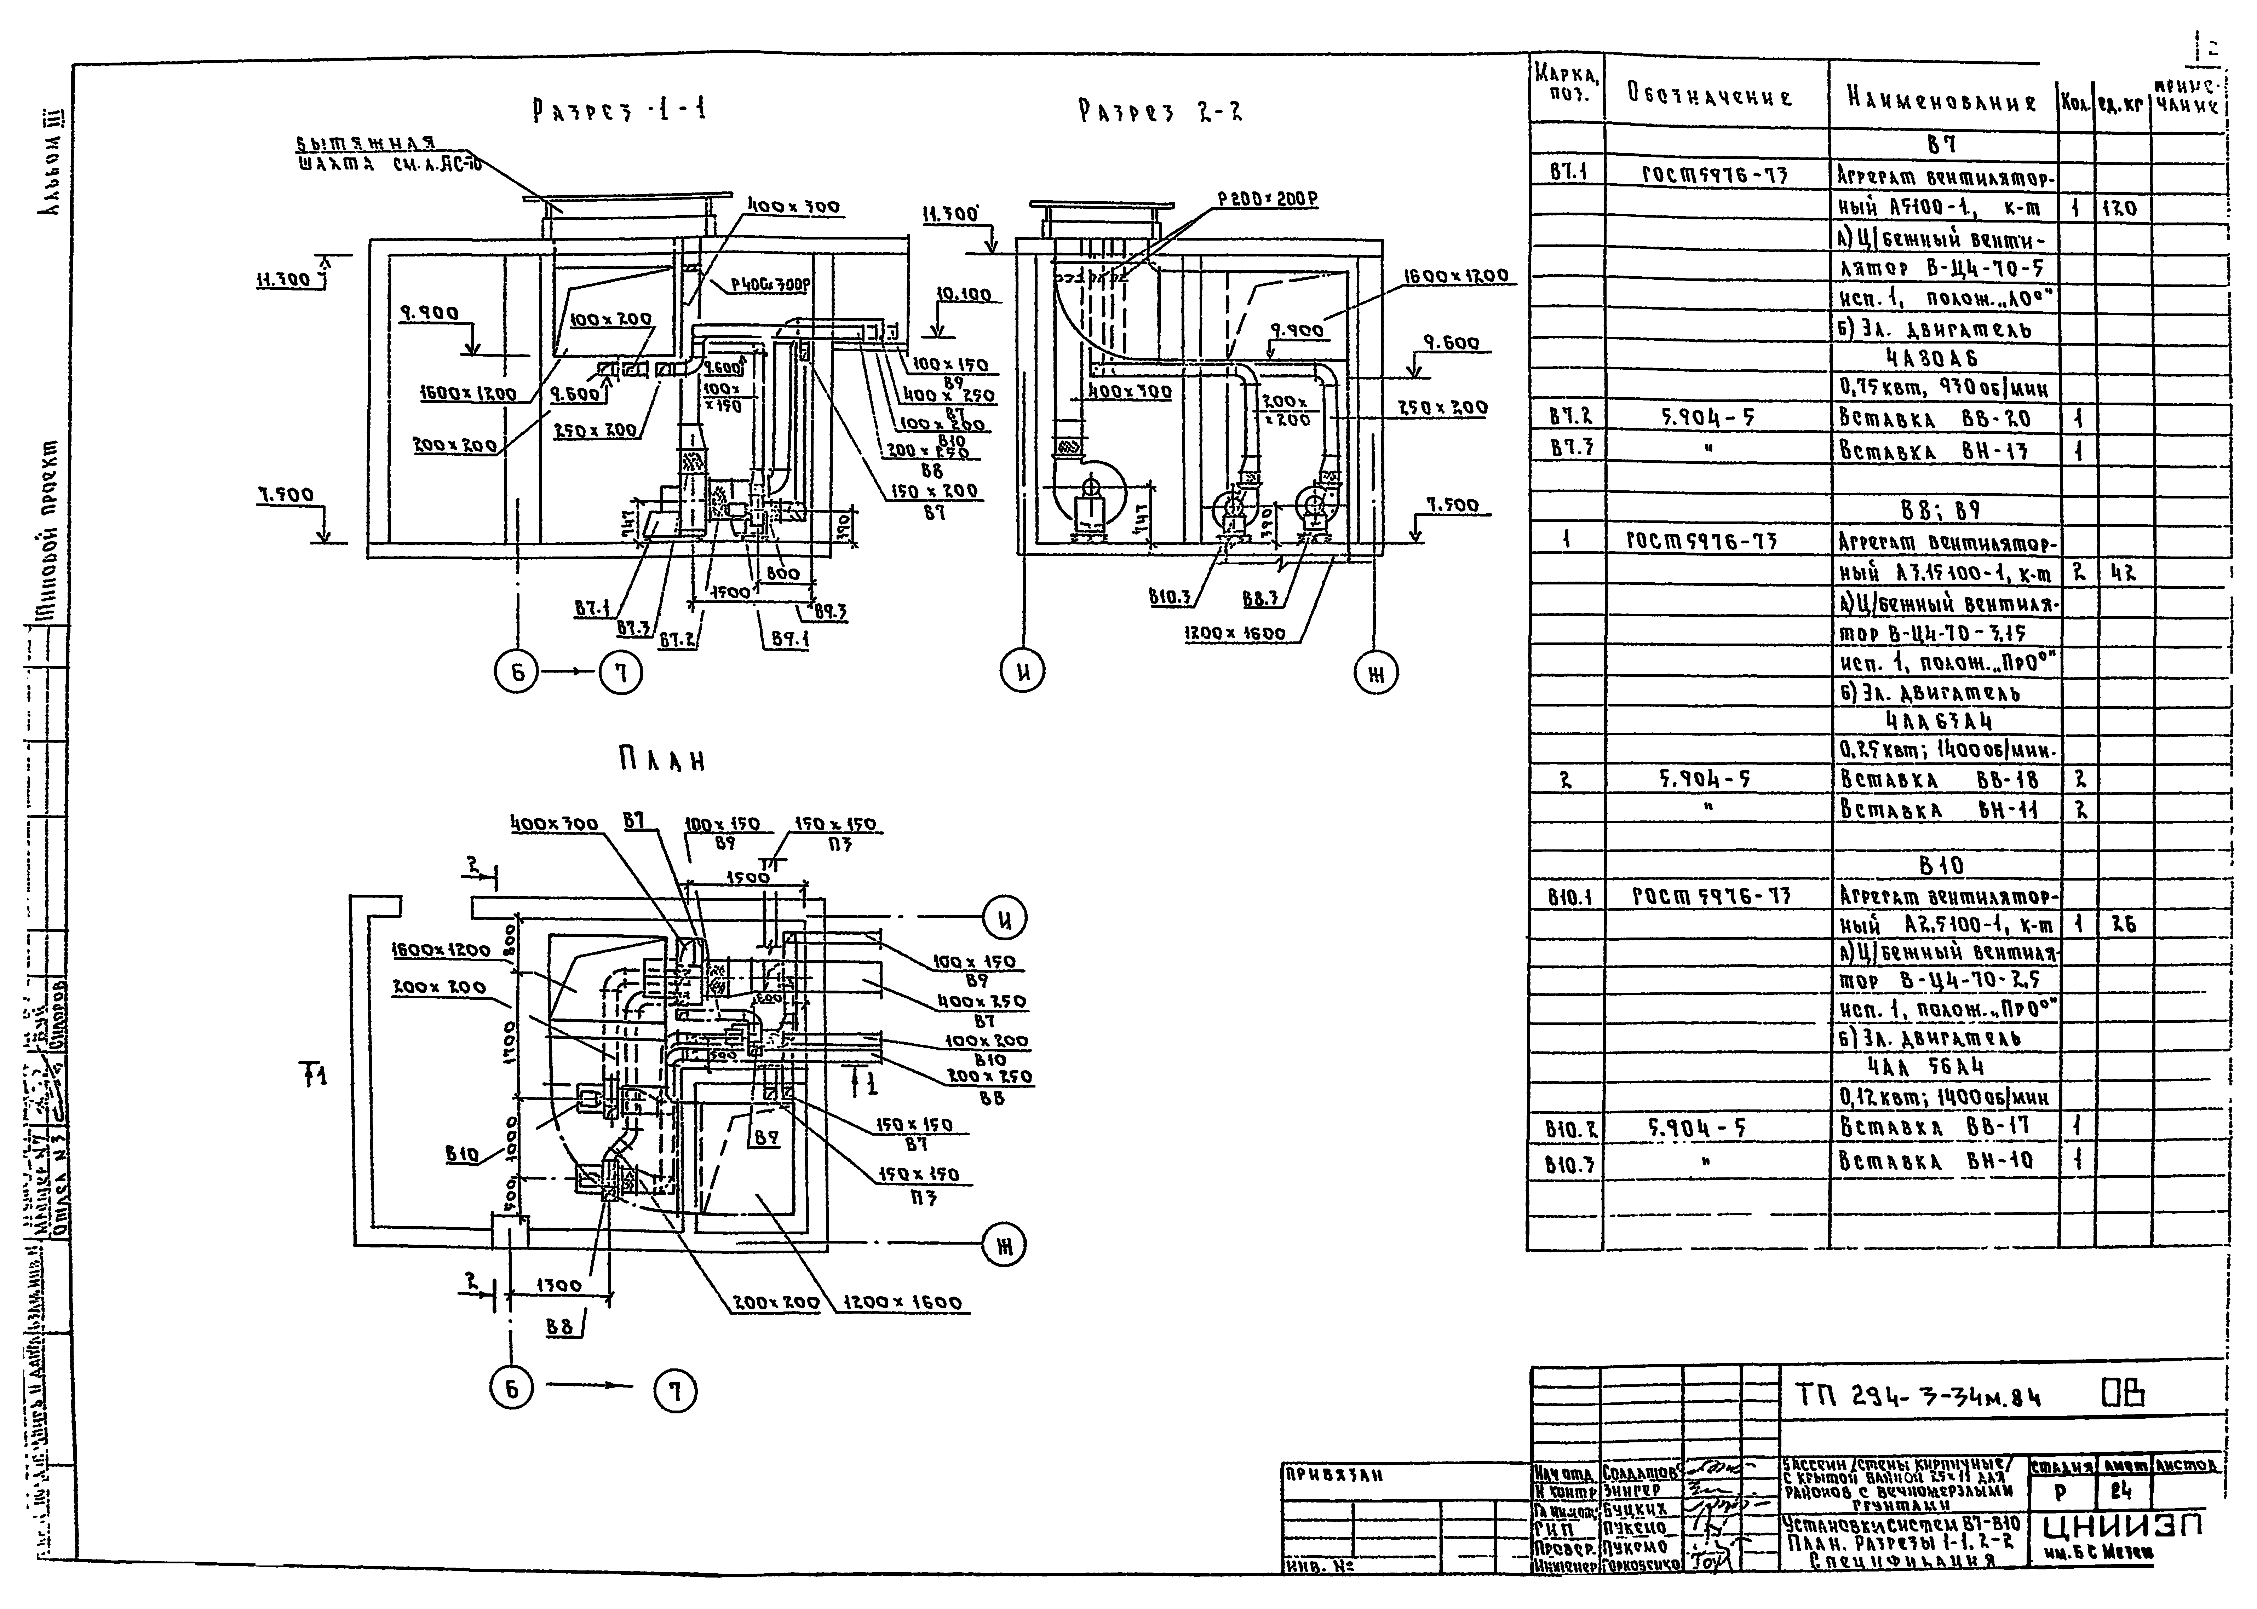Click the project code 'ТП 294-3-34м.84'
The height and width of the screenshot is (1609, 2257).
click(1918, 1397)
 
